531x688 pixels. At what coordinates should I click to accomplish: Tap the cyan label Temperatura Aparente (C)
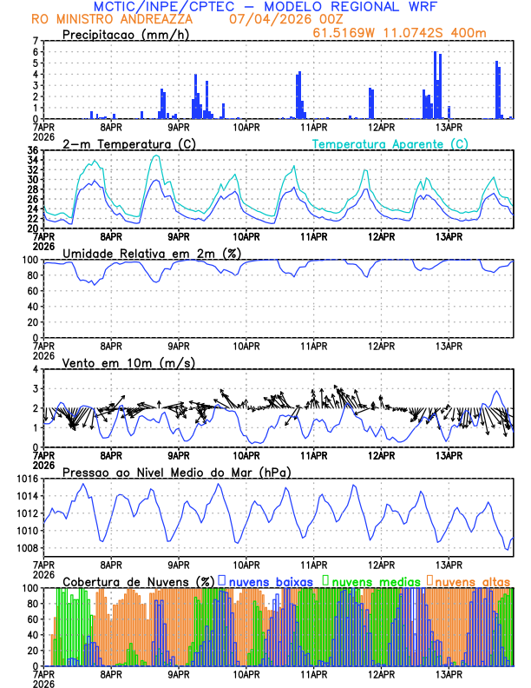tap(390, 143)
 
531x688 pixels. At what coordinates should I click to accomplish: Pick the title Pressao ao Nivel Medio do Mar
tap(176, 472)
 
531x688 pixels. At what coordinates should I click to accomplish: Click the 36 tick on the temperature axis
tap(32, 150)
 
